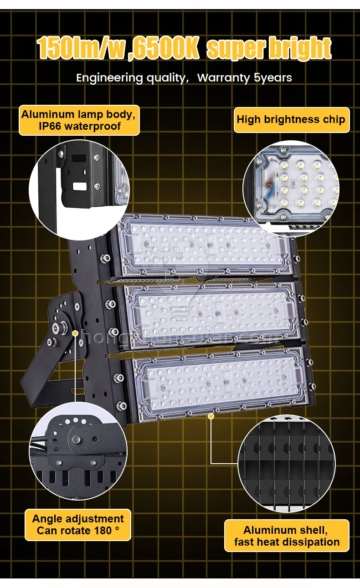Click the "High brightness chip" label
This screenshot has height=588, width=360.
291,120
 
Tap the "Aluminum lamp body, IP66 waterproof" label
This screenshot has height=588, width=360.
79,120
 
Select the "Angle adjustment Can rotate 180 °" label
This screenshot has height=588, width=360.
78,524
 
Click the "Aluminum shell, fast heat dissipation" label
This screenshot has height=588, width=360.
287,536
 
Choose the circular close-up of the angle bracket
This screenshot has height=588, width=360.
77,451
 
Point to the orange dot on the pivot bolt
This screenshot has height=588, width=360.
75,333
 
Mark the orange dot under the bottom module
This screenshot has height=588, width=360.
211,415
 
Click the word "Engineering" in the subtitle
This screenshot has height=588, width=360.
109,78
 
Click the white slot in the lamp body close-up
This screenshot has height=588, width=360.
79,186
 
